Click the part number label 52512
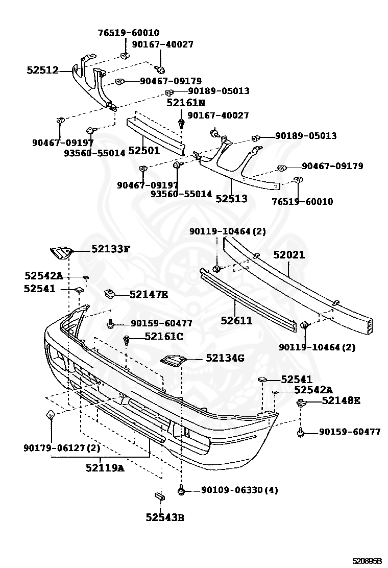point(42,71)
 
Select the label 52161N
point(185,103)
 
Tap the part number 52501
point(143,151)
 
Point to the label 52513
point(231,199)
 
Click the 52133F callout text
point(111,249)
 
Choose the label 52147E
point(149,294)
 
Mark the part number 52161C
point(163,336)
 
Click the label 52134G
point(225,358)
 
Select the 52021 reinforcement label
point(288,254)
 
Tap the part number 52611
point(236,320)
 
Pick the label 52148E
point(341,400)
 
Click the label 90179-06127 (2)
point(61,448)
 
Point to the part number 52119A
point(105,467)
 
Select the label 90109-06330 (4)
point(239,490)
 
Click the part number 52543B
point(164,517)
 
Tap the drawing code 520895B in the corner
point(366,561)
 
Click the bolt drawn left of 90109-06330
point(180,490)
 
